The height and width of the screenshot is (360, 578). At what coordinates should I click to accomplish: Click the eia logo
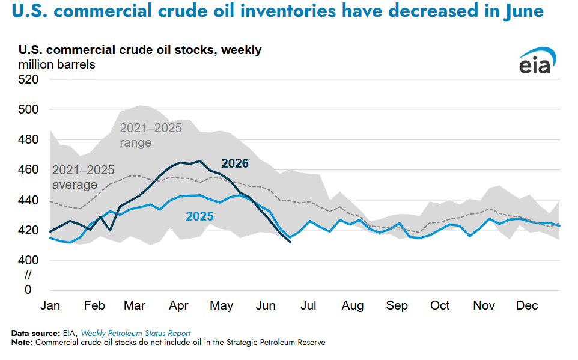click(538, 61)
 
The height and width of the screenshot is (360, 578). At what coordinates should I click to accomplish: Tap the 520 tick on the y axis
click(28, 79)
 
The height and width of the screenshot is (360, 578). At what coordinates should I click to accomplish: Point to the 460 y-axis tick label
click(28, 169)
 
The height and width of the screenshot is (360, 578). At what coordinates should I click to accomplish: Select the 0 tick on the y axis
click(28, 290)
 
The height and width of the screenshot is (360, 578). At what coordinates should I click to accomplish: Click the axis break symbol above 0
click(28, 275)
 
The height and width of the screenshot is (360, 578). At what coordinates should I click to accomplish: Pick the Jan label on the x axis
click(50, 305)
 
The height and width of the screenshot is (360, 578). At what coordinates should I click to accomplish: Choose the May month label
click(222, 306)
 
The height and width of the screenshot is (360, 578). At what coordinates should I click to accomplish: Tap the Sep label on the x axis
click(397, 306)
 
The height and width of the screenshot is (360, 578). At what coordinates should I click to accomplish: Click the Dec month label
click(527, 305)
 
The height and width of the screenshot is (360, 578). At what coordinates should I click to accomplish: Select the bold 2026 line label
click(235, 163)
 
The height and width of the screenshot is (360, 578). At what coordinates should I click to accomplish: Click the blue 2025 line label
click(200, 216)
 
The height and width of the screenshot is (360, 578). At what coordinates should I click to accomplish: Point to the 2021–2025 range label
click(151, 135)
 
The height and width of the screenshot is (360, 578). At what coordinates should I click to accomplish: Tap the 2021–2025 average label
click(84, 177)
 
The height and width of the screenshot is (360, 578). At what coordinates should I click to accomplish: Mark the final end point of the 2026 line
click(290, 242)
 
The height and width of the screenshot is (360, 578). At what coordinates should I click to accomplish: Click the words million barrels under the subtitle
click(56, 64)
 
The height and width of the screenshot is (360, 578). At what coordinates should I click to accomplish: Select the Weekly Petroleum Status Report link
click(136, 333)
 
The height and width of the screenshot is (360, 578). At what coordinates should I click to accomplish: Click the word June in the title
click(523, 11)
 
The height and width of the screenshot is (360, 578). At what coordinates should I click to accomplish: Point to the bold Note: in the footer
click(22, 343)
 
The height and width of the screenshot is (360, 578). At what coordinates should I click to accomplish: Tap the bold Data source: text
click(36, 333)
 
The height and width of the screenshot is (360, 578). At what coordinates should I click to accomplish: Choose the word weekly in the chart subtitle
click(241, 50)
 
